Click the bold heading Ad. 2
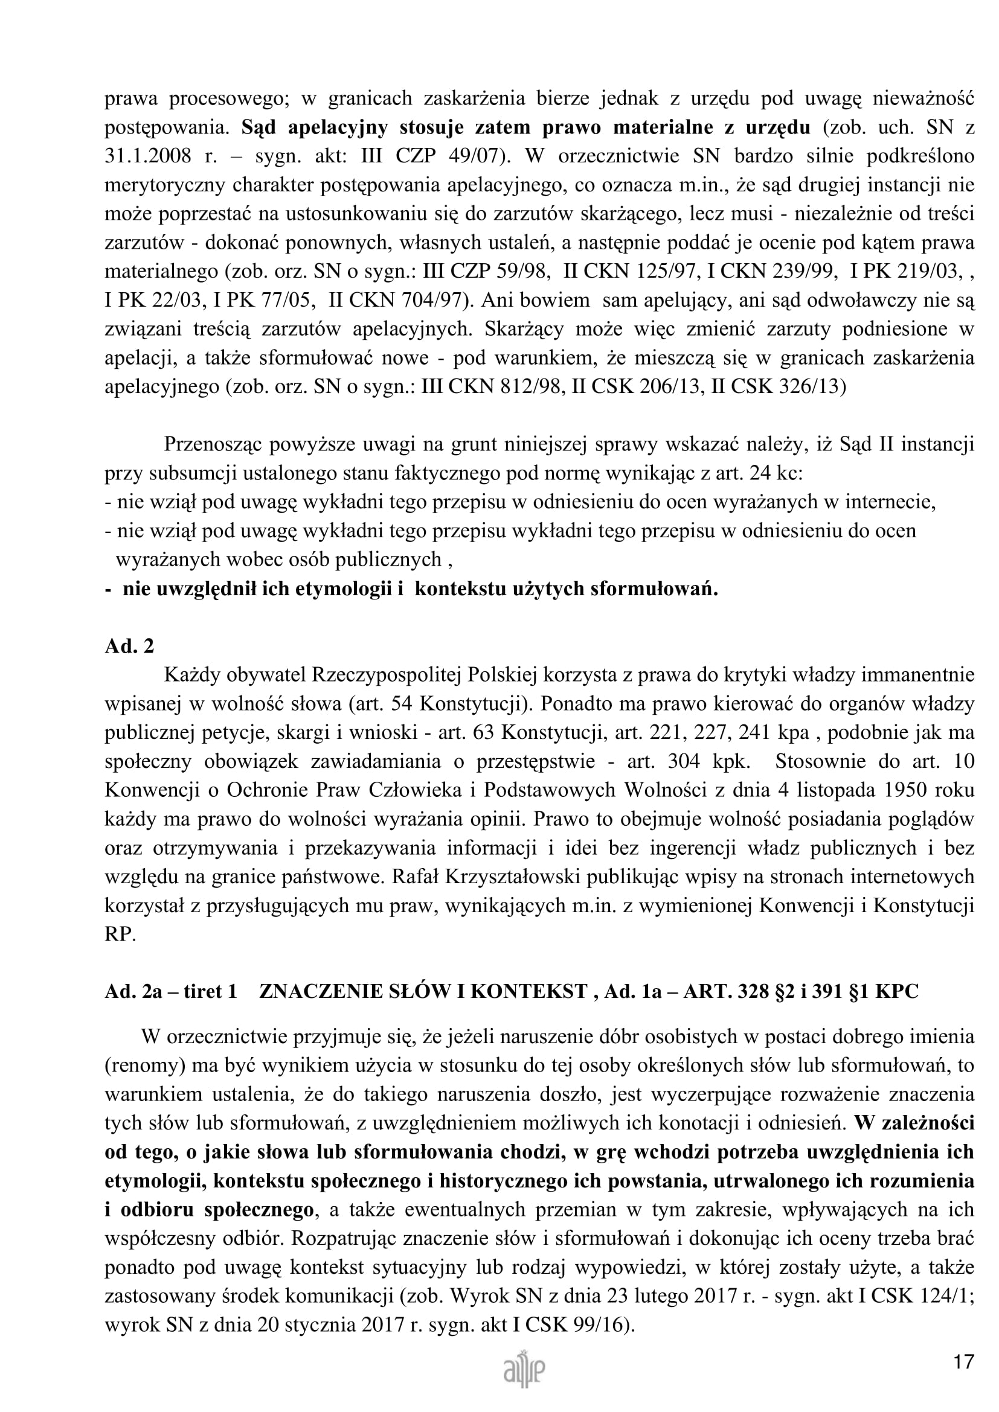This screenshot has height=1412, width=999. (129, 646)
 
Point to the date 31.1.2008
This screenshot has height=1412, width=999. (147, 156)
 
